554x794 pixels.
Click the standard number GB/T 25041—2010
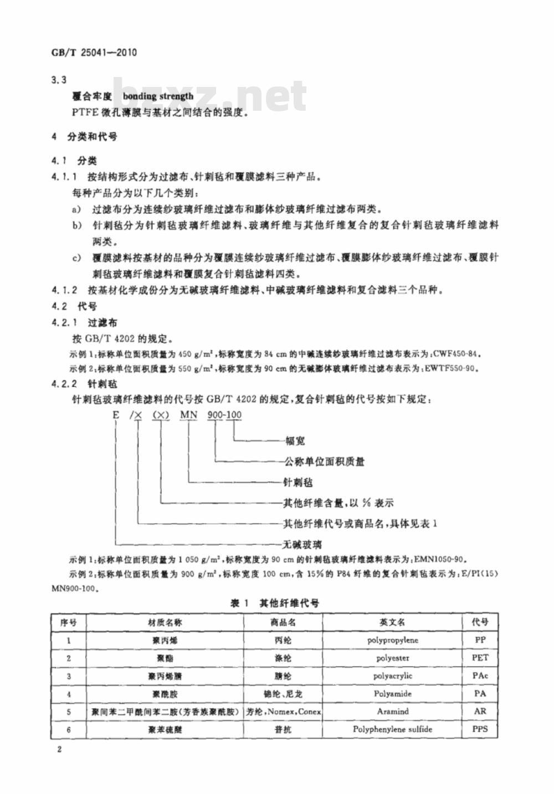(94, 53)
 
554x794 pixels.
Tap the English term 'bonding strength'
(158, 96)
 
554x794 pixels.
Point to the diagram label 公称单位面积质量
(324, 461)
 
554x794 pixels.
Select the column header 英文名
(392, 622)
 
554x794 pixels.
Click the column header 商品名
(283, 622)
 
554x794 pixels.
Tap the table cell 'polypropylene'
(392, 640)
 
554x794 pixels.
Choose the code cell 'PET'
(480, 658)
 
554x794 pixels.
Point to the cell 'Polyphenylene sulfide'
(392, 729)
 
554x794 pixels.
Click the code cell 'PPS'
(480, 729)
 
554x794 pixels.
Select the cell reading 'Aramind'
(392, 711)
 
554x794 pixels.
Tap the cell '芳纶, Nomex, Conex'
(283, 711)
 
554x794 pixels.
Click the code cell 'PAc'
(480, 676)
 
